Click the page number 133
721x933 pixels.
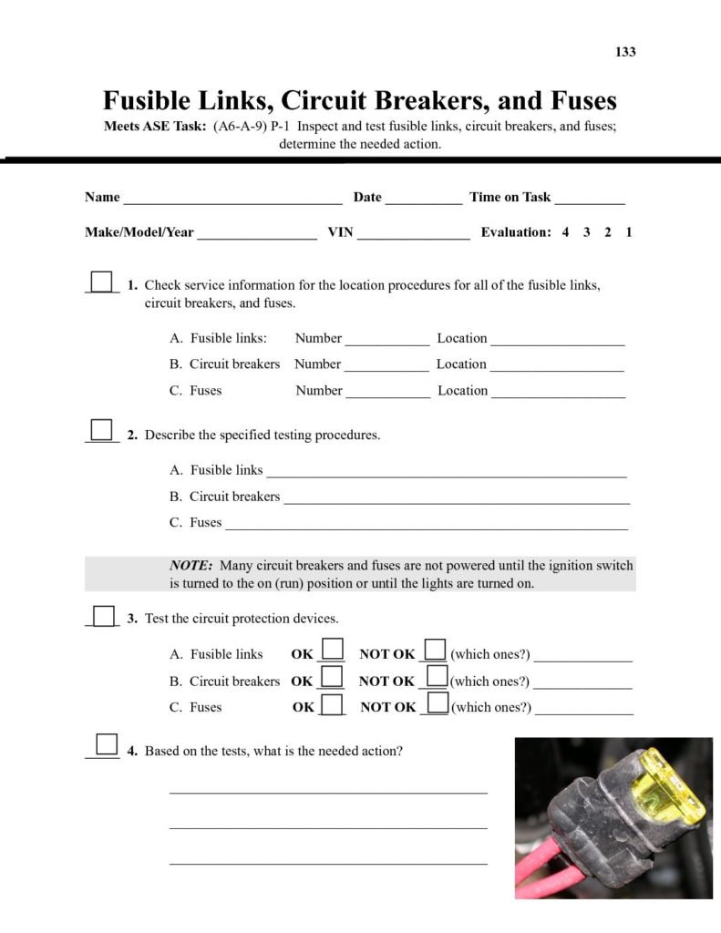[x=625, y=52]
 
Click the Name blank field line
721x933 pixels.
[x=232, y=199]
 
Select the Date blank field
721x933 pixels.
[x=423, y=199]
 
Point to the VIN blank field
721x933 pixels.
[x=413, y=234]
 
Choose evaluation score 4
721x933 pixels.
[x=565, y=232]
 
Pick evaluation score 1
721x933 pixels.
[x=629, y=232]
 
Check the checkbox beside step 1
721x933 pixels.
[x=102, y=282]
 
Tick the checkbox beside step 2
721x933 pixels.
[x=102, y=430]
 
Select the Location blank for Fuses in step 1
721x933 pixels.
[x=558, y=393]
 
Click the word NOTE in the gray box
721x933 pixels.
[x=191, y=566]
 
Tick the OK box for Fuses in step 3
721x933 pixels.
[x=334, y=703]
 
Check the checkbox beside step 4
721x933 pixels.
[x=107, y=745]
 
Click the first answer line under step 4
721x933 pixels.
[x=328, y=791]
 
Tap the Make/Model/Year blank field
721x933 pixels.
[x=257, y=234]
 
